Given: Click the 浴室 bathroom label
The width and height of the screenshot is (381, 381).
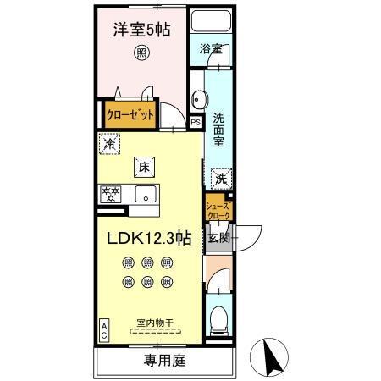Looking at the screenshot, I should [x=211, y=49].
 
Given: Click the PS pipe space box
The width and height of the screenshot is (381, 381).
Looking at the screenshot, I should [x=196, y=122].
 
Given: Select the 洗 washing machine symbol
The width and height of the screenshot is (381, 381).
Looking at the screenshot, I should [x=220, y=179].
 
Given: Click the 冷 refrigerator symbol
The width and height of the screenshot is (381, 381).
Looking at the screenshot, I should [x=108, y=145].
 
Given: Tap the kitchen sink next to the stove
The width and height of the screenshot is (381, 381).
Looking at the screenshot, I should [x=146, y=193].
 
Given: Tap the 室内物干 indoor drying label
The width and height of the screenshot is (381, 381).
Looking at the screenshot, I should [x=156, y=322].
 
